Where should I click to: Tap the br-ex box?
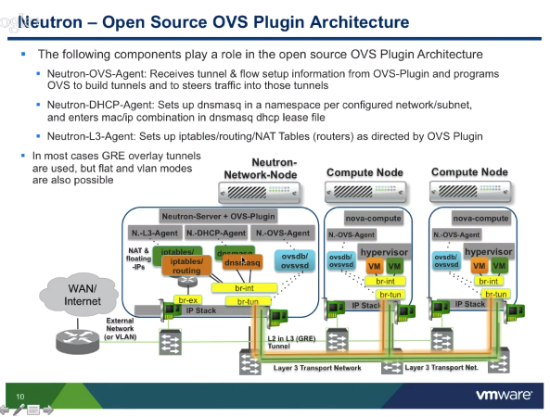click(x=187, y=300)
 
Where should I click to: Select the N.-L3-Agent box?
click(x=155, y=233)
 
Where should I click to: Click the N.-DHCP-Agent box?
click(x=216, y=233)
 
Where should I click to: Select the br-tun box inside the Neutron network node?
click(x=248, y=301)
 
